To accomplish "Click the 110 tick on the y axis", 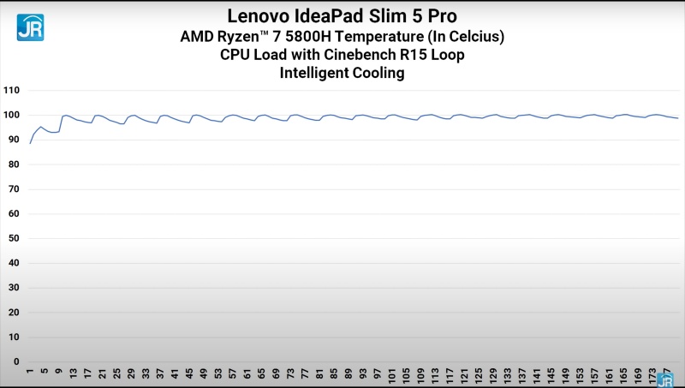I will click(x=11, y=90).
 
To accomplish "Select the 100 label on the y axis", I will click(x=11, y=115).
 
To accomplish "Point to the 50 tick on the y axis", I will click(x=14, y=238).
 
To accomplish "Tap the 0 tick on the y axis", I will click(x=16, y=361).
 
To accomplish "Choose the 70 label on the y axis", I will click(x=14, y=188).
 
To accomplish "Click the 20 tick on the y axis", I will click(x=14, y=312).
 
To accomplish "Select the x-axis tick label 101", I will click(x=391, y=375).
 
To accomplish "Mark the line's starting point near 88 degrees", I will click(x=30, y=143).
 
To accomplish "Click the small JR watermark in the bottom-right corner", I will click(x=664, y=379).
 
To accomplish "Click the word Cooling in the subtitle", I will click(x=378, y=74).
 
